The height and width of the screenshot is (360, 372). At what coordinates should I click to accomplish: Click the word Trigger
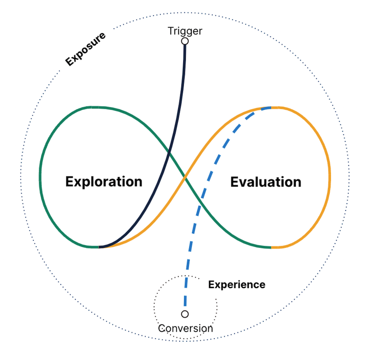185,31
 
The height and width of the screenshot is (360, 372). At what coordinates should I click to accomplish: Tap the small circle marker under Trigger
185,41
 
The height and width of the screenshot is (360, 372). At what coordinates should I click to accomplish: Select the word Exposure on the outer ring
85,49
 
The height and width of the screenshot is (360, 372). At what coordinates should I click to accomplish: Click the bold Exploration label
104,182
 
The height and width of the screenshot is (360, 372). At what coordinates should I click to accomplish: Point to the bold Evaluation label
266,182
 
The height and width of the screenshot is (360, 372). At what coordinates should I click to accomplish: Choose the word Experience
236,285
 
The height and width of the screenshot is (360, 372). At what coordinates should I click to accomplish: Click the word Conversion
185,329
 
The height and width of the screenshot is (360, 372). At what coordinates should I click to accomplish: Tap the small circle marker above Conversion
185,314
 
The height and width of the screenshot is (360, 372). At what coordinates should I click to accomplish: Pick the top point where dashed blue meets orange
268,108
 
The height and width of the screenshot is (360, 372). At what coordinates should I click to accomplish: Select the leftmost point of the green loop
40,177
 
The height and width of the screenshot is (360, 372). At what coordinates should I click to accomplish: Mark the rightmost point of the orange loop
329,177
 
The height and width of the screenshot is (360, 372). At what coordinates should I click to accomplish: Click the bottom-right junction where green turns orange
271,247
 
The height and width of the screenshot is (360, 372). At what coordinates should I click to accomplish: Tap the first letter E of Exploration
70,182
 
